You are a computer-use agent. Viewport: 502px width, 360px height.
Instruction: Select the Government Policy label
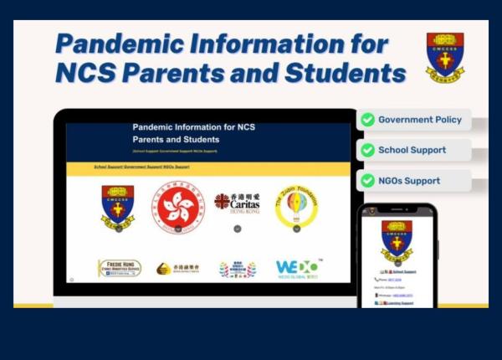pos(419,120)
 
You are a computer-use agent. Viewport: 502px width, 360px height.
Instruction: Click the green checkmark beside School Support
pos(366,151)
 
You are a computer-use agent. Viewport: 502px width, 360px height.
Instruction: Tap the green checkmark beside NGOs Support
pos(366,181)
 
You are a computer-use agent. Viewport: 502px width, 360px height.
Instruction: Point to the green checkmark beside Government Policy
pos(366,120)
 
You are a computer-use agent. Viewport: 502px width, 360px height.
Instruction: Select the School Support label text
pos(412,151)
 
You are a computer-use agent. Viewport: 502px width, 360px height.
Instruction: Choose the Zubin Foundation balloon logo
pos(296,205)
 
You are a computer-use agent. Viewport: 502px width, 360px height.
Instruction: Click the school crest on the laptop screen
pos(117,207)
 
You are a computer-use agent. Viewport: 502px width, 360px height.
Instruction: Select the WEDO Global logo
pos(299,268)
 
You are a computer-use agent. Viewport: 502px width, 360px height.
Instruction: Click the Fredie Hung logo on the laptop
pos(119,268)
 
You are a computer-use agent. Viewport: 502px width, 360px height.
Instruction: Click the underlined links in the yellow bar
pos(141,167)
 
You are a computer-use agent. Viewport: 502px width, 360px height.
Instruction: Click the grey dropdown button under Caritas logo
pos(237,228)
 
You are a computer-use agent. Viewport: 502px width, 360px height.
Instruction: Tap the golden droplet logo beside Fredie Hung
pos(177,269)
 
